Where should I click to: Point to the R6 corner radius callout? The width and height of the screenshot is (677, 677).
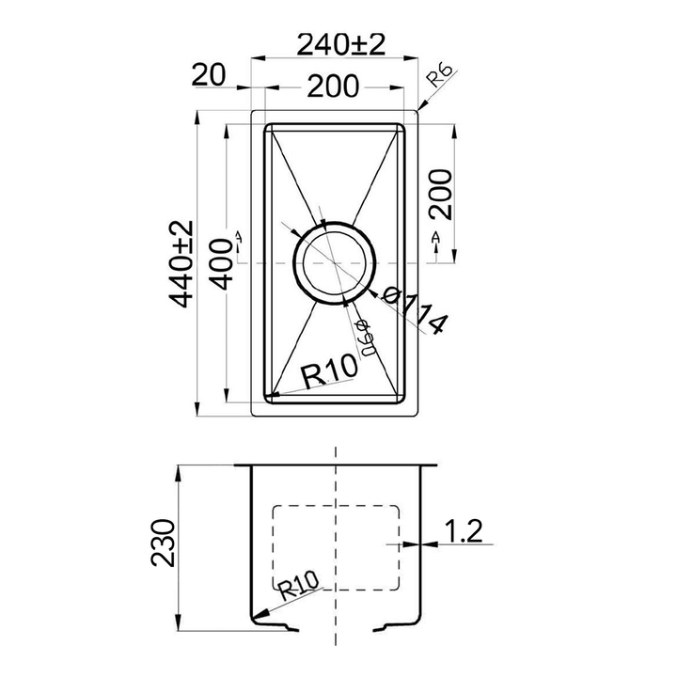click(440, 78)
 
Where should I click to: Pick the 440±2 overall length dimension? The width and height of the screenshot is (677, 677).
click(181, 264)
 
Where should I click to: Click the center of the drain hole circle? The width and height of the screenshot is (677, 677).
click(336, 264)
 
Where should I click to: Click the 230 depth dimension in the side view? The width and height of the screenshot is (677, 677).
click(165, 543)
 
